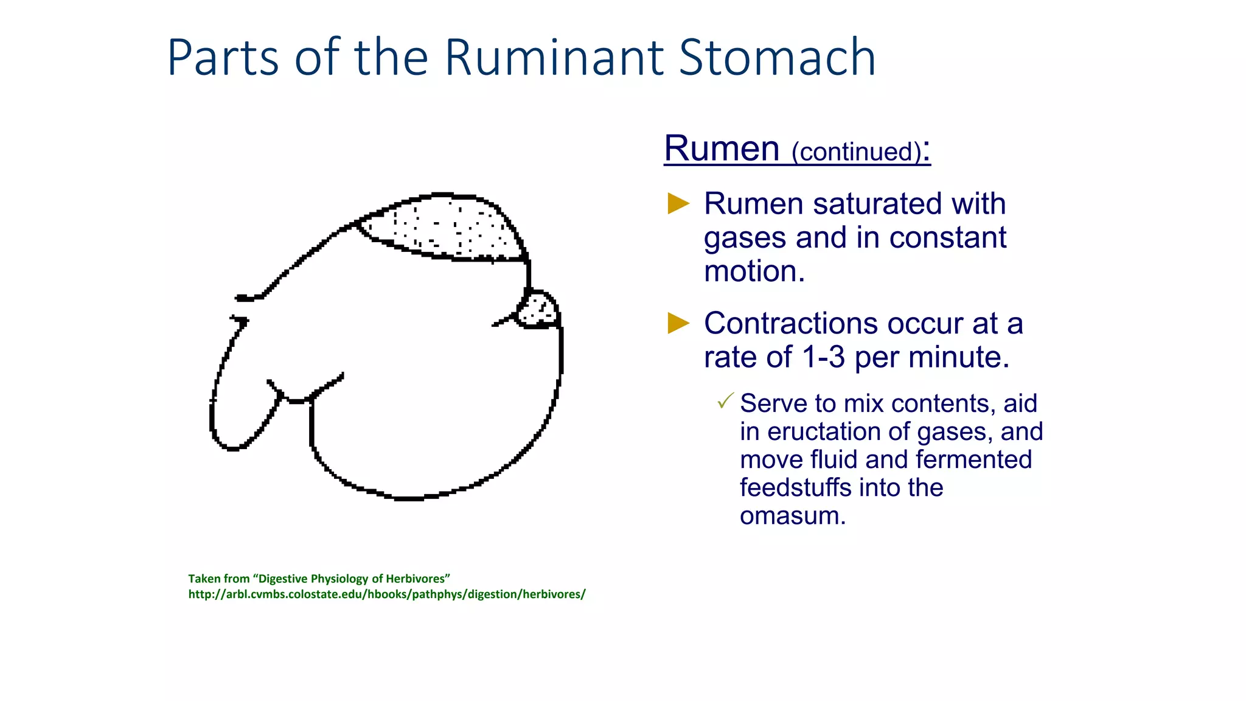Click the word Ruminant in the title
(554, 58)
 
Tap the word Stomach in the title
(777, 58)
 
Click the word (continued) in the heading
(856, 152)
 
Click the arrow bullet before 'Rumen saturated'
(678, 203)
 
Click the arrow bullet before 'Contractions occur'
(678, 323)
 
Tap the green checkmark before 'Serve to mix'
(725, 401)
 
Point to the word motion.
(754, 271)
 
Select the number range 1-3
(823, 357)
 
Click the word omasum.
(792, 516)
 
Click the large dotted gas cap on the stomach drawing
(447, 230)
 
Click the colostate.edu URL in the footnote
(386, 595)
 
